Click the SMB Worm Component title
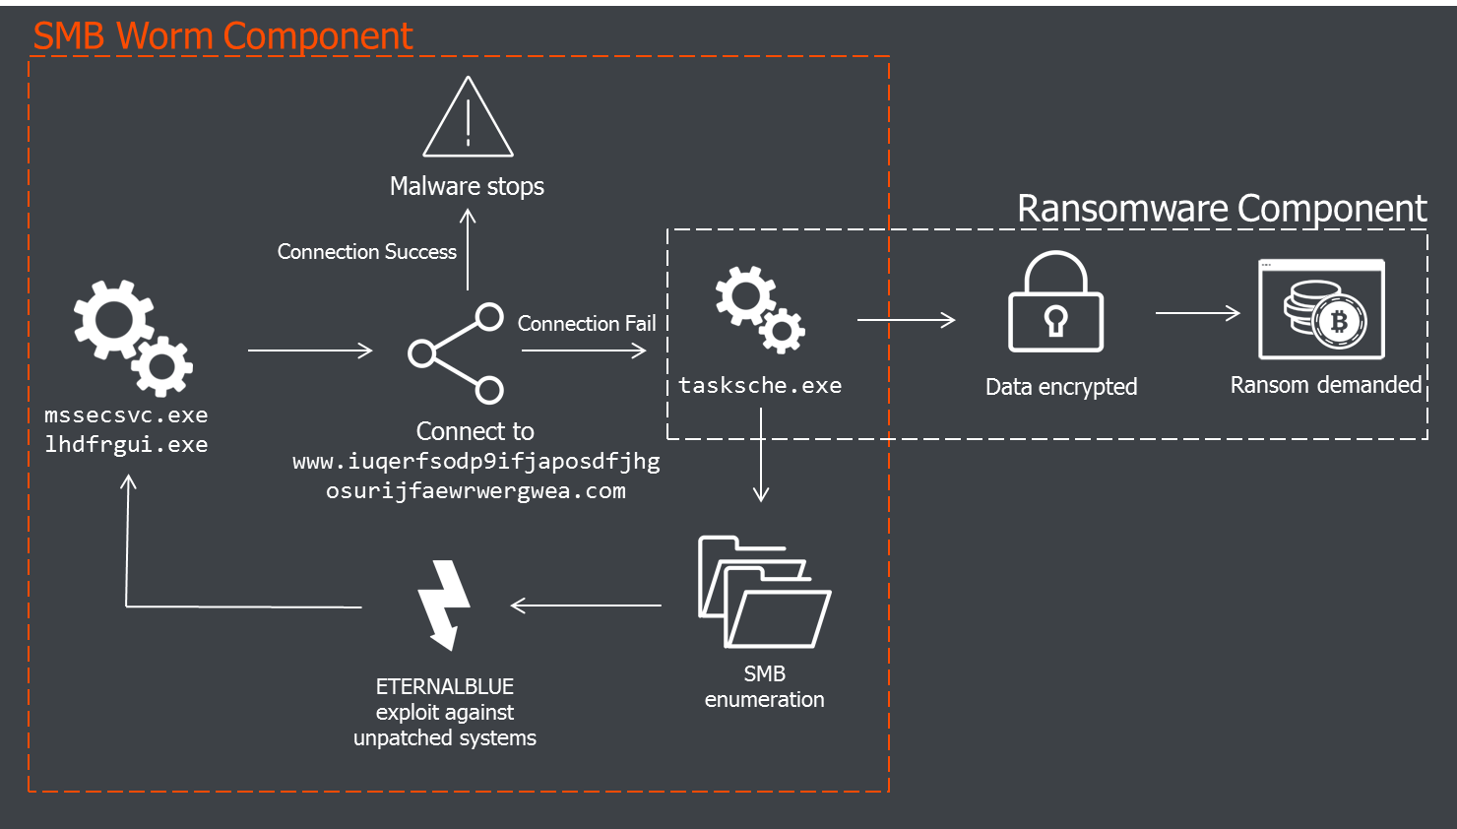pyautogui.click(x=222, y=36)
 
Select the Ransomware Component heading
pyautogui.click(x=1221, y=209)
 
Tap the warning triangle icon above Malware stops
pyautogui.click(x=468, y=119)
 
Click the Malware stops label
pyautogui.click(x=467, y=186)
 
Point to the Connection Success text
pyautogui.click(x=366, y=252)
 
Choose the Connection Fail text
pyautogui.click(x=587, y=324)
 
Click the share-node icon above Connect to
pyautogui.click(x=457, y=352)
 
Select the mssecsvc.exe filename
pyautogui.click(x=126, y=415)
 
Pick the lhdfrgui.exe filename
pyautogui.click(x=126, y=445)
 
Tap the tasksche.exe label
pyautogui.click(x=760, y=386)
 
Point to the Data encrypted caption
pyautogui.click(x=1061, y=387)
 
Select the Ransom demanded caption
pyautogui.click(x=1325, y=385)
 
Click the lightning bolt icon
pyautogui.click(x=444, y=605)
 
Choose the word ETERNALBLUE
pyautogui.click(x=445, y=687)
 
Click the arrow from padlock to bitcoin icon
pyautogui.click(x=1197, y=313)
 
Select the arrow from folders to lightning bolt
pyautogui.click(x=586, y=606)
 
